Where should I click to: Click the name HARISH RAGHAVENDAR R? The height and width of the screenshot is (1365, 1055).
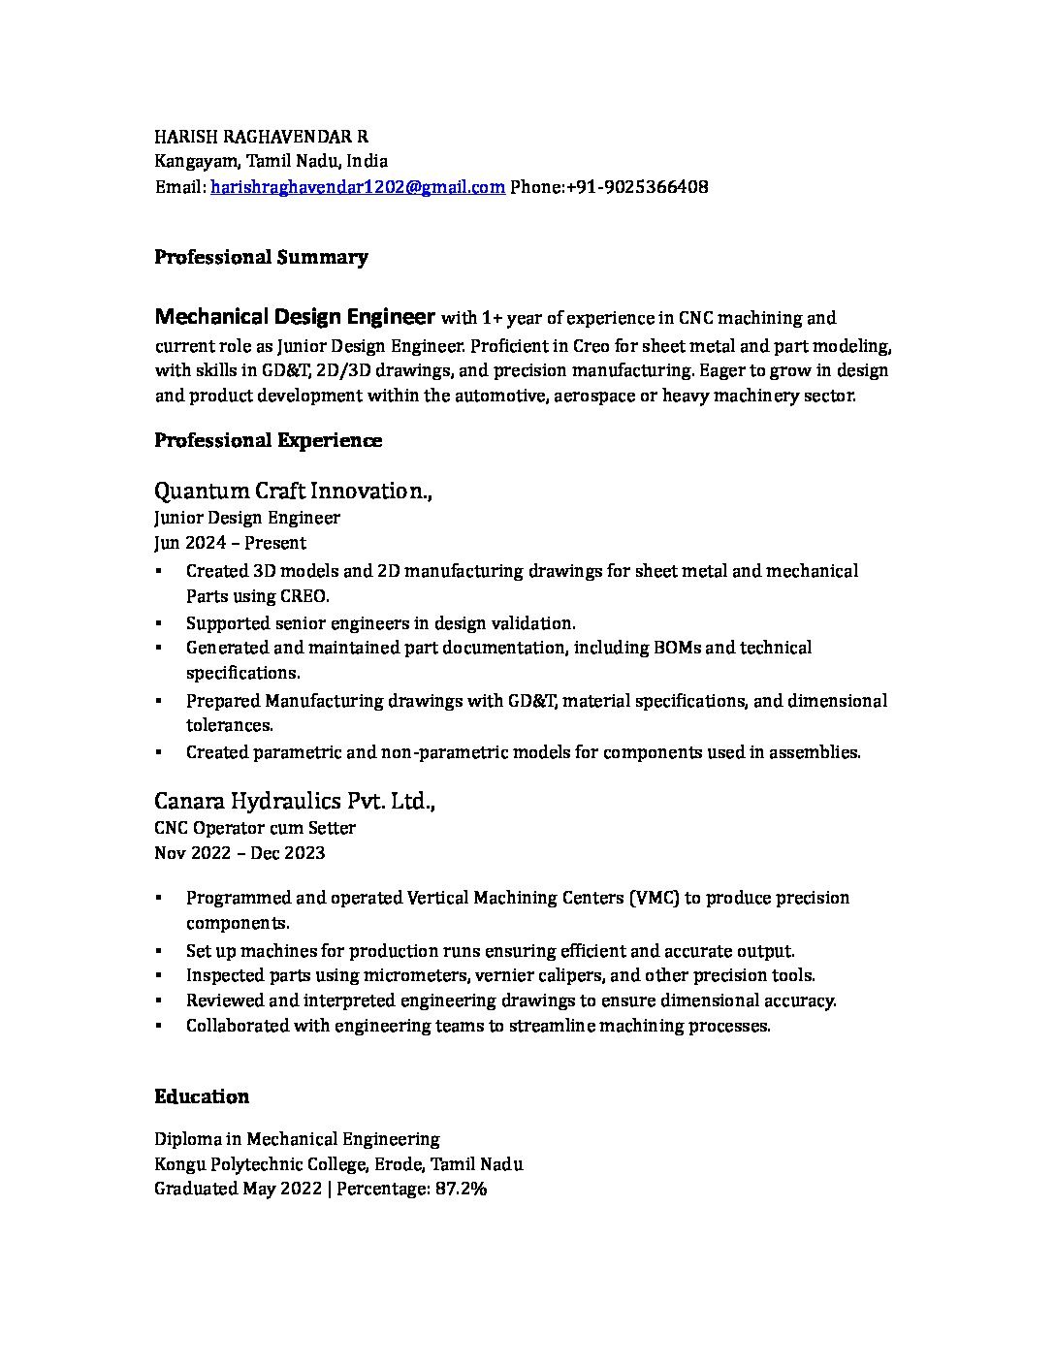261,137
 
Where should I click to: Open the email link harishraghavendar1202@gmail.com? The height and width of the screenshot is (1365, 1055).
357,187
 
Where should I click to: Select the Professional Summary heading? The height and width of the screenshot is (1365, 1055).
261,258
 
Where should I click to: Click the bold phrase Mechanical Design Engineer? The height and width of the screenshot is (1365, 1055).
295,317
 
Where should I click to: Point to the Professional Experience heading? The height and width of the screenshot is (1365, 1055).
268,441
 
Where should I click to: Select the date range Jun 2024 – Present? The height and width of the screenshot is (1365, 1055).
230,543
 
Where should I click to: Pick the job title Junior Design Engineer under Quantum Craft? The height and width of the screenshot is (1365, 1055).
246,518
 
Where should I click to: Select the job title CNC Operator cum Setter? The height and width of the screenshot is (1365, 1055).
254,828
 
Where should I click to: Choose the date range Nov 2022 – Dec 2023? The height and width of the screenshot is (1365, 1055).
240,853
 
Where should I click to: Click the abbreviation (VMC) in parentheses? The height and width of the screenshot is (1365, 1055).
653,898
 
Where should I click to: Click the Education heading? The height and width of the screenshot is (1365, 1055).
202,1097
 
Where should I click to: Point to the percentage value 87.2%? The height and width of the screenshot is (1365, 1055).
461,1190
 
